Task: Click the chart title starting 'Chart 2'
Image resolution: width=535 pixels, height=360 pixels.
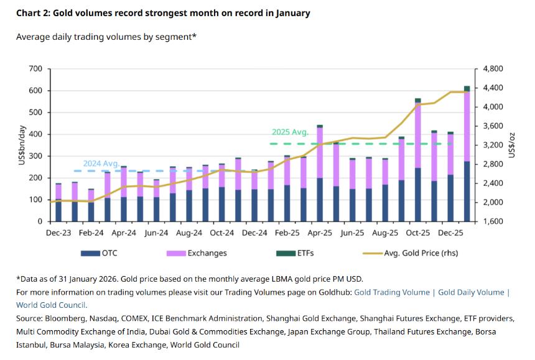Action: (163, 13)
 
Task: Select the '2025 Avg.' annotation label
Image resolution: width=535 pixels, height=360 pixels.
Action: (290, 132)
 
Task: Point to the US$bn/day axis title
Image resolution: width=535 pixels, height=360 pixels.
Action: (22, 144)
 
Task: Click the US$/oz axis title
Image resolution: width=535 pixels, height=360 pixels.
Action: (513, 144)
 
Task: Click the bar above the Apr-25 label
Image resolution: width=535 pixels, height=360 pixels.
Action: (320, 174)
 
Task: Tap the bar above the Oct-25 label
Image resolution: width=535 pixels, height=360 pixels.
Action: (418, 162)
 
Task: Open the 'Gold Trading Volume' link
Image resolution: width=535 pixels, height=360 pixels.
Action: (392, 292)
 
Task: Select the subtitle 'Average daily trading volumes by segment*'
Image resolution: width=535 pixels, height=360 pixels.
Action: (106, 37)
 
